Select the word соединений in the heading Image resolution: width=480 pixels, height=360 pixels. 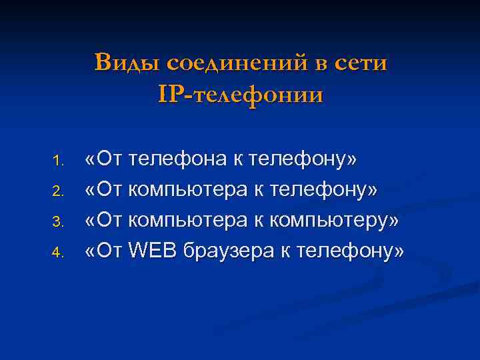pyautogui.click(x=237, y=63)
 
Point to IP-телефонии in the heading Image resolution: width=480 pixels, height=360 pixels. pyautogui.click(x=241, y=95)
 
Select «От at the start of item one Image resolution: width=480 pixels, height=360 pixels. pyautogui.click(x=104, y=160)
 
